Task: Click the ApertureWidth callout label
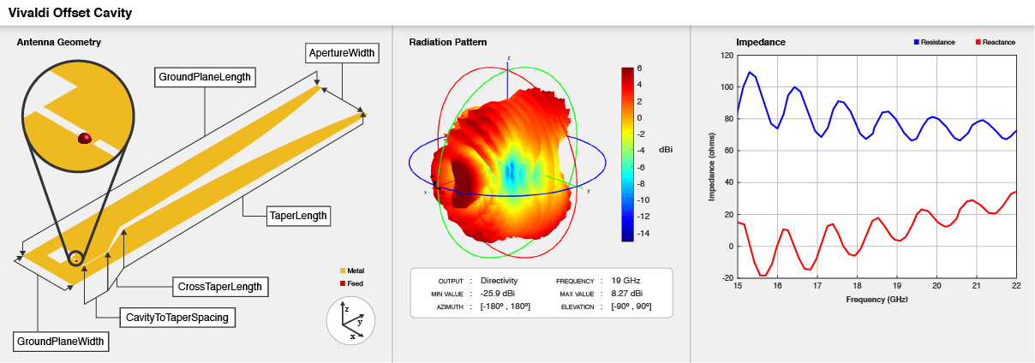point(341,53)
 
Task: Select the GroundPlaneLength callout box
point(205,77)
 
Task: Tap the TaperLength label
point(298,216)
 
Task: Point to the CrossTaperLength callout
point(218,286)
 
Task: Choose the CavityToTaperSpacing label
point(177,318)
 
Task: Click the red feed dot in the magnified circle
point(85,138)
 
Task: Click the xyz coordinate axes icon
point(352,321)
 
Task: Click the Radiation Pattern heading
point(447,42)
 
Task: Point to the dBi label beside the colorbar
point(665,149)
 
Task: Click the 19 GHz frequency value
point(626,280)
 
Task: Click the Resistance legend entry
point(934,42)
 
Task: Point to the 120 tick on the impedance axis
point(727,56)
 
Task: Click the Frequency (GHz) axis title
point(876,301)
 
